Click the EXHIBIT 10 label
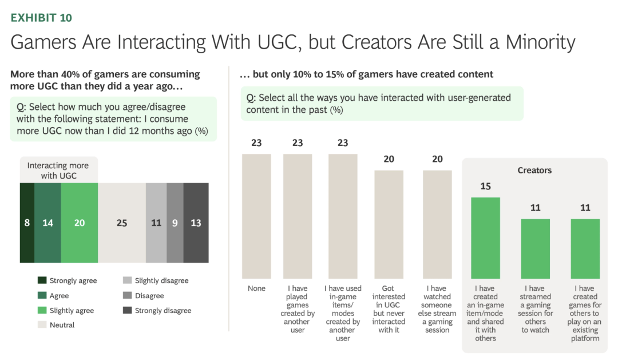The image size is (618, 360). pyautogui.click(x=41, y=18)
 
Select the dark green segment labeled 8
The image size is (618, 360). pyautogui.click(x=27, y=223)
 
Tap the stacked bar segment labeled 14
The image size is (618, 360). pyautogui.click(x=47, y=223)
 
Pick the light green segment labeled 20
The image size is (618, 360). pyautogui.click(x=79, y=223)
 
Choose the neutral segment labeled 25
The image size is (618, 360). pyautogui.click(x=121, y=223)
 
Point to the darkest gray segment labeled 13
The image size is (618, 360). pyautogui.click(x=196, y=223)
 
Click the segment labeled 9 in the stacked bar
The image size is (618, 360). pyautogui.click(x=175, y=223)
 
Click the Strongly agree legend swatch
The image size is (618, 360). pyautogui.click(x=42, y=280)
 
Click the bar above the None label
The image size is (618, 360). pyautogui.click(x=256, y=216)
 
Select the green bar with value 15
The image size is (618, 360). pyautogui.click(x=485, y=238)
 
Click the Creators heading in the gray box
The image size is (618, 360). pyautogui.click(x=534, y=171)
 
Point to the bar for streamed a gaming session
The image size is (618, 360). pyautogui.click(x=535, y=249)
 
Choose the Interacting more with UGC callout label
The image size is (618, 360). pyautogui.click(x=58, y=171)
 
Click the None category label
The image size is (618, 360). pyautogui.click(x=256, y=288)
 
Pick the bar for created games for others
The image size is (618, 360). pyautogui.click(x=585, y=249)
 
